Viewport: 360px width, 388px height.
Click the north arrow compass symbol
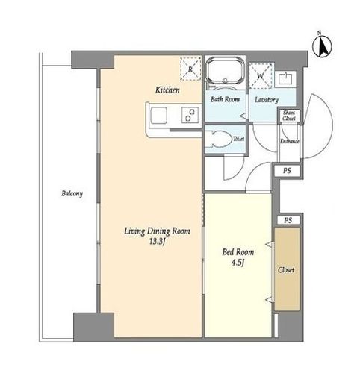[322, 46]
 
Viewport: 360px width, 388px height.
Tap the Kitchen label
[167, 90]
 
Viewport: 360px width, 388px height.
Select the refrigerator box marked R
[190, 69]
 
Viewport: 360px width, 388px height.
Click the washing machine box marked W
[261, 75]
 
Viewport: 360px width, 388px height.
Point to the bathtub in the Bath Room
[226, 70]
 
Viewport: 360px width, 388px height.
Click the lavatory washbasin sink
[285, 79]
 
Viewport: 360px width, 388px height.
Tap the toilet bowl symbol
[219, 140]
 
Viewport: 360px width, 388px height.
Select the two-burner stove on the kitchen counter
[190, 115]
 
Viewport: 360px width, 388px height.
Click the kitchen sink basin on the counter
[159, 115]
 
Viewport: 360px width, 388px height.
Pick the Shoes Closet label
[289, 116]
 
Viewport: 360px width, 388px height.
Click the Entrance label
[290, 141]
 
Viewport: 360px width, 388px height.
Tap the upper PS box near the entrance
[287, 171]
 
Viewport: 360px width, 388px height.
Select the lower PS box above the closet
[288, 220]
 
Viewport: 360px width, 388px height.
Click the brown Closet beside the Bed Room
[287, 269]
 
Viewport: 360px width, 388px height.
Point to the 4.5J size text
[238, 263]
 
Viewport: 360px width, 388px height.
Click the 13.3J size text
[158, 242]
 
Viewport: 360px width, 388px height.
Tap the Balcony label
[72, 193]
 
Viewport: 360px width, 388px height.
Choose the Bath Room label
[225, 99]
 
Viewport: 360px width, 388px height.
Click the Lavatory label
[267, 100]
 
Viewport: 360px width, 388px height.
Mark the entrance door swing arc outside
[332, 125]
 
